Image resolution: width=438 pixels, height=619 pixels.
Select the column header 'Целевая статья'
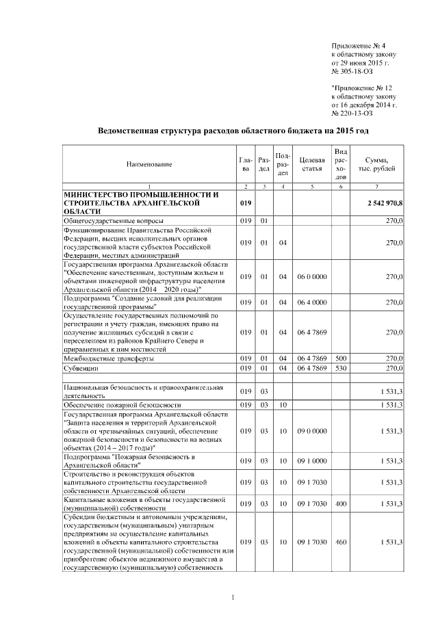point(311,164)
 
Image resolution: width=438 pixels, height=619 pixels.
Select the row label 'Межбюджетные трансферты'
point(108,358)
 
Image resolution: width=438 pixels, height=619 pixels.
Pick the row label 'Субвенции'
point(81,368)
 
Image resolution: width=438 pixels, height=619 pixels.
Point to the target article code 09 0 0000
point(311,431)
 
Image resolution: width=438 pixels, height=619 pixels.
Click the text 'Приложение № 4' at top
point(354,44)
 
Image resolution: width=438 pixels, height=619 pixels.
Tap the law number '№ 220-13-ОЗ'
point(353,114)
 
